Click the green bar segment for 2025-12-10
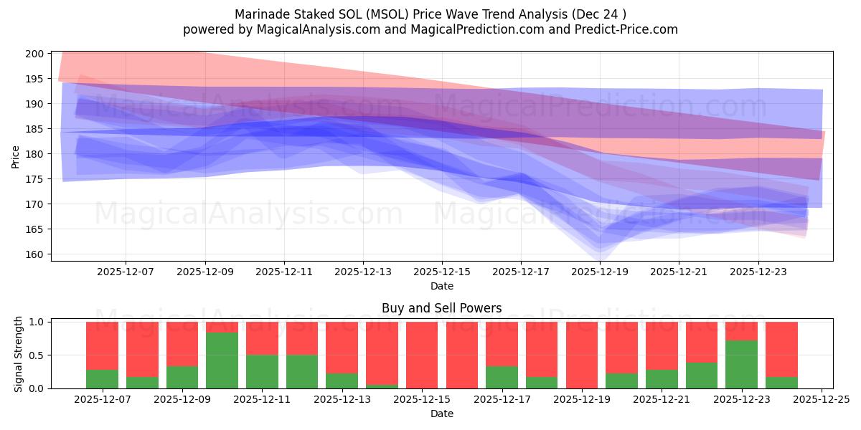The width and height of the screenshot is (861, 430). tap(222, 360)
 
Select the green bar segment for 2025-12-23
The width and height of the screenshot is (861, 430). tap(741, 364)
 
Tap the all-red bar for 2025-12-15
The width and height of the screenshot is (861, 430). tap(422, 355)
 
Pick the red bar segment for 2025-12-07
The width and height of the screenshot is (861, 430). tap(102, 345)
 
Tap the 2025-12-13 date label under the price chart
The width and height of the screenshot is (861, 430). tap(363, 272)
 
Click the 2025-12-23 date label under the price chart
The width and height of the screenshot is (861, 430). tap(758, 272)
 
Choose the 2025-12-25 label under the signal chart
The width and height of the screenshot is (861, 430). tap(820, 400)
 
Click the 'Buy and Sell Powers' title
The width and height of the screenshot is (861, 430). tap(441, 309)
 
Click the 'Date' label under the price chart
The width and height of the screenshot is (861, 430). tap(441, 286)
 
